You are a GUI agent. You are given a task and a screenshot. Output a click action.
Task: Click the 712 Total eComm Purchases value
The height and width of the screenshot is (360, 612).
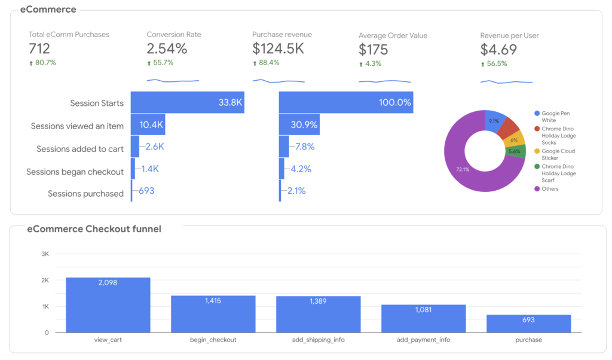pos(39,48)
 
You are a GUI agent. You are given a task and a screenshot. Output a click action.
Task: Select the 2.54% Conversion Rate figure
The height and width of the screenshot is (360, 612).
pos(167,48)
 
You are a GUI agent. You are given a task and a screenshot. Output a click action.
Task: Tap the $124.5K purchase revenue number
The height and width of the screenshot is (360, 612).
pos(278,48)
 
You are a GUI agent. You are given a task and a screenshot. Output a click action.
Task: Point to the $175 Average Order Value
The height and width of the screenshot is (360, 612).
pos(374,50)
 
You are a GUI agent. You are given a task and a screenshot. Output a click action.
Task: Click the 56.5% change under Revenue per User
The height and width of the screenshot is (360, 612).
pos(496,63)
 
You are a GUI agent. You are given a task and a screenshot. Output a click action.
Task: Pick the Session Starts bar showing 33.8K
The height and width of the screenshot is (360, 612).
pos(187,102)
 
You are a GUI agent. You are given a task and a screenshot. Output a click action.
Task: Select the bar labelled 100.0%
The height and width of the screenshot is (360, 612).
pos(345,102)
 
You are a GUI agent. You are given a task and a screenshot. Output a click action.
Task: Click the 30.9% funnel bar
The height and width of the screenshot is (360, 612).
pos(299,125)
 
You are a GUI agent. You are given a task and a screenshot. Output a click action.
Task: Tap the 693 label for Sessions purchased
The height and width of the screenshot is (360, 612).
pos(147,191)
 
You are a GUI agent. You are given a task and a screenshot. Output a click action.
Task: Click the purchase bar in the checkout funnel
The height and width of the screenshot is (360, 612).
pos(528,324)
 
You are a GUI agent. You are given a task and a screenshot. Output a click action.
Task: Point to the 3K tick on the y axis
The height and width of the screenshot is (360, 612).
pos(45,254)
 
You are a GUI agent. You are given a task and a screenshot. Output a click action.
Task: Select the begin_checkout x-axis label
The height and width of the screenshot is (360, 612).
pos(213,340)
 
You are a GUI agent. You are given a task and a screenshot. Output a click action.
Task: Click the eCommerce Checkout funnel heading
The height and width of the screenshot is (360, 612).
pos(94,229)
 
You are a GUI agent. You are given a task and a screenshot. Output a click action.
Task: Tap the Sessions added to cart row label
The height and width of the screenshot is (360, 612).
pos(80,149)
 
